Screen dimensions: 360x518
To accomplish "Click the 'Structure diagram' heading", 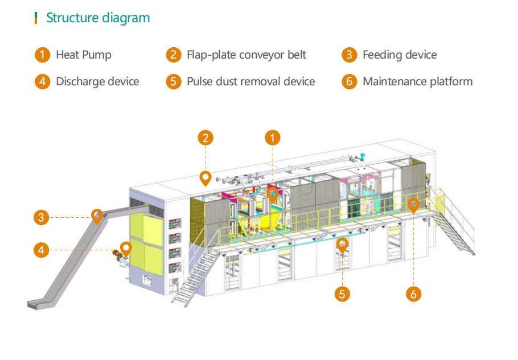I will point(98,18).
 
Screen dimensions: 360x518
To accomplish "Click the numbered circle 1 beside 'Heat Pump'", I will point(42,55).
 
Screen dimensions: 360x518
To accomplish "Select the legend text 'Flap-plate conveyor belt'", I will point(246,55).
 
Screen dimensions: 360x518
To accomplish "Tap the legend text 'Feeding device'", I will point(400,55).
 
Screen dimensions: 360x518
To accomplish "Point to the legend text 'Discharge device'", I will point(97,81).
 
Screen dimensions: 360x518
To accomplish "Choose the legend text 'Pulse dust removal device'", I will point(250,81).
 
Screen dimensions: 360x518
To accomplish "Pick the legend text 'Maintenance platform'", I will point(417,81).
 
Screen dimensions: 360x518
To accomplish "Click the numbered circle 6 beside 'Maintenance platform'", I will point(349,81).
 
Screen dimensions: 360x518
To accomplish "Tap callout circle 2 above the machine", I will point(205,137).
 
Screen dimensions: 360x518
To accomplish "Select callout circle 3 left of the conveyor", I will point(41,217).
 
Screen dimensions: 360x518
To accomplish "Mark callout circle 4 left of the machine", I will point(41,249).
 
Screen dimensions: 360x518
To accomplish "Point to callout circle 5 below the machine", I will point(342,293).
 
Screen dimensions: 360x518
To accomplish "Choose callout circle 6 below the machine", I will point(414,293).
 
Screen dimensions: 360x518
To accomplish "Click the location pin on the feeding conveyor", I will point(98,216).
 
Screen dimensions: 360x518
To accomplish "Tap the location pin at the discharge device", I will point(126,249).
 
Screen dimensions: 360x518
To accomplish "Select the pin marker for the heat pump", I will point(273,195).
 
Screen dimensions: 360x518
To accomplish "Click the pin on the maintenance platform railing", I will point(414,205).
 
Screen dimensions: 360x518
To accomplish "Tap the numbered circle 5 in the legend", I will point(173,81).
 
